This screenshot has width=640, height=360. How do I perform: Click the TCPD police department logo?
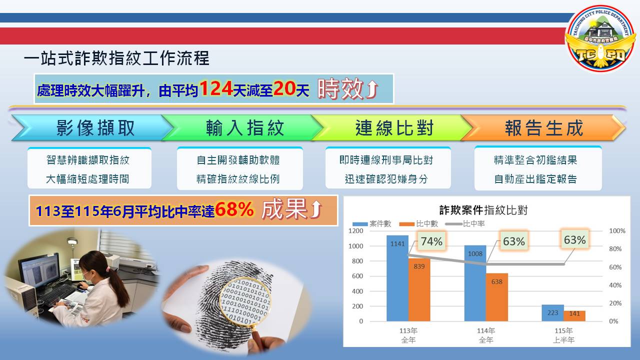coord(600,37)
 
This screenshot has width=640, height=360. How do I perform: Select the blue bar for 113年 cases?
coord(397,278)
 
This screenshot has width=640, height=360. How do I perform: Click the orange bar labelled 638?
coord(497,297)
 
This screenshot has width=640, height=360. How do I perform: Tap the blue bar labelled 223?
coord(552,313)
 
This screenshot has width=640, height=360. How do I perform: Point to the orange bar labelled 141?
coord(574,316)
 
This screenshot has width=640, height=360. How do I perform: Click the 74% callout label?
coord(431,241)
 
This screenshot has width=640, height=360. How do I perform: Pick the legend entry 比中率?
coord(465,223)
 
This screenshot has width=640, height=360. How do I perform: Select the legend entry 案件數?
coord(371,223)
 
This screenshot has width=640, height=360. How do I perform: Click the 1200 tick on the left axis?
coord(355,231)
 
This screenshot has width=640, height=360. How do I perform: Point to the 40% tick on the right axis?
coord(615,285)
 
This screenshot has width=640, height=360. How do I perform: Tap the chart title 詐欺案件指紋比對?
coord(483,210)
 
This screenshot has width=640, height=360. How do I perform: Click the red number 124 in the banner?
coord(216,88)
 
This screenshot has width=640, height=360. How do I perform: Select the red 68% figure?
coord(234,209)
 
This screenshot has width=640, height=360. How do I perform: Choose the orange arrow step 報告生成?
coord(543,127)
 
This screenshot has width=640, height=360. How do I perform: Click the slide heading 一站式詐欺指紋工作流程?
coord(116,58)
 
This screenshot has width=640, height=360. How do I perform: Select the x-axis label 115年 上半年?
coord(563,335)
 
